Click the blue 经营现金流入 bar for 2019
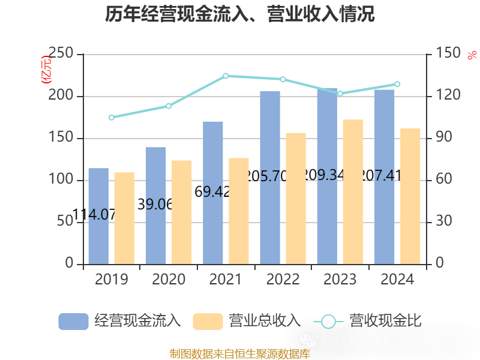click(x=98, y=216)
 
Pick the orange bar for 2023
click(x=353, y=191)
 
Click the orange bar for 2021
click(x=239, y=211)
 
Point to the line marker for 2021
click(x=226, y=76)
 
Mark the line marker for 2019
click(x=112, y=117)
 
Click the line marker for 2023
click(x=340, y=94)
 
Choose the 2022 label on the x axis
click(x=283, y=280)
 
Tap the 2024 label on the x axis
click(x=397, y=280)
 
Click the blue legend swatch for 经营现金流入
click(x=73, y=321)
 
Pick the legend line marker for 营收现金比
click(x=328, y=321)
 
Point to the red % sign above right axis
click(x=471, y=55)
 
